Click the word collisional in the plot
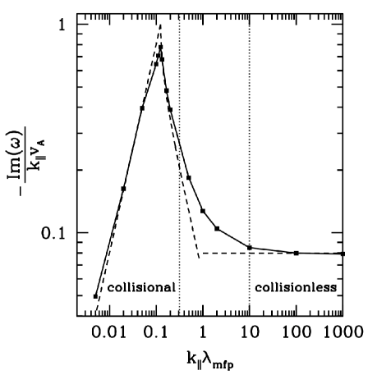coord(141,288)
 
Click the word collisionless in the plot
coord(295,288)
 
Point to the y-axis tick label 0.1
coord(53,233)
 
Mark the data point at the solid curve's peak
coord(160,48)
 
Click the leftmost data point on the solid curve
coord(96,296)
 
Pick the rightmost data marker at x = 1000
coord(343,254)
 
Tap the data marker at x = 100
coord(296,253)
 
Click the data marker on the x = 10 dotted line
coord(249,248)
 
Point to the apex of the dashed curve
coord(160,25)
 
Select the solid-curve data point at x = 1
coord(202,211)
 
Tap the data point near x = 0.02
coord(123,189)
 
